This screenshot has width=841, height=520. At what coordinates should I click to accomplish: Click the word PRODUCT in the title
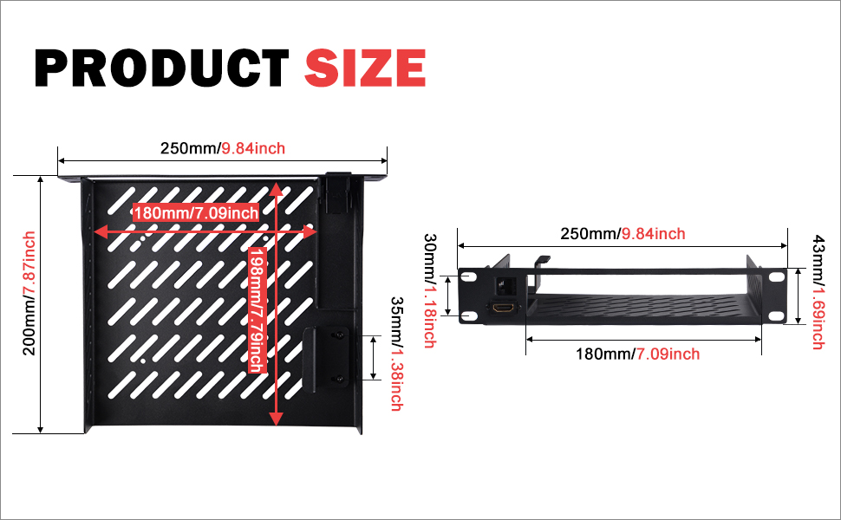pyautogui.click(x=162, y=68)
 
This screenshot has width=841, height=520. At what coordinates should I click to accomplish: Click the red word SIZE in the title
pyautogui.click(x=365, y=68)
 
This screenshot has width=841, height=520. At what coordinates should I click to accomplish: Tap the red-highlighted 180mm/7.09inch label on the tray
pyautogui.click(x=196, y=213)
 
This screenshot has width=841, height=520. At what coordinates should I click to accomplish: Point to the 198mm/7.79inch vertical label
pyautogui.click(x=258, y=310)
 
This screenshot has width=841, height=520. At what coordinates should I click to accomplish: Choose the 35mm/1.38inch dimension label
pyautogui.click(x=397, y=354)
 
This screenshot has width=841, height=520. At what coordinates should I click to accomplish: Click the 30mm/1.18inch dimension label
pyautogui.click(x=430, y=291)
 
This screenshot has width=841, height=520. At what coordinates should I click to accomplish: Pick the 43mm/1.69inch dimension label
pyautogui.click(x=818, y=292)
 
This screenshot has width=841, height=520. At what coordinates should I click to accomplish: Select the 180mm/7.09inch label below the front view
pyautogui.click(x=638, y=354)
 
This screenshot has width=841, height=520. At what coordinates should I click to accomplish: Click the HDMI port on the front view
pyautogui.click(x=503, y=309)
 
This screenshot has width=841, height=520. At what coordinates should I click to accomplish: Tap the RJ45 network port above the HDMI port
pyautogui.click(x=504, y=284)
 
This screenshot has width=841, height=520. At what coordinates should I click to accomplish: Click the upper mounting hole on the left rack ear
pyautogui.click(x=469, y=276)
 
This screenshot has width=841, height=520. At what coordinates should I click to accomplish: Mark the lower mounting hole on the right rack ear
pyautogui.click(x=776, y=315)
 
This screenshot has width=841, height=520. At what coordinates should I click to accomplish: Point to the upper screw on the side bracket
pyautogui.click(x=340, y=335)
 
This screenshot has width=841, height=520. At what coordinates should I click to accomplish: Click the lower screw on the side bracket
pyautogui.click(x=340, y=380)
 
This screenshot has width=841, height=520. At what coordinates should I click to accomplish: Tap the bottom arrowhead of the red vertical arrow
pyautogui.click(x=276, y=419)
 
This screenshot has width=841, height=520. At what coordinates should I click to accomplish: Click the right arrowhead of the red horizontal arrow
pyautogui.click(x=310, y=231)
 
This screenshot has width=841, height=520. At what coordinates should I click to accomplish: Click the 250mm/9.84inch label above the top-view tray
pyautogui.click(x=223, y=148)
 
